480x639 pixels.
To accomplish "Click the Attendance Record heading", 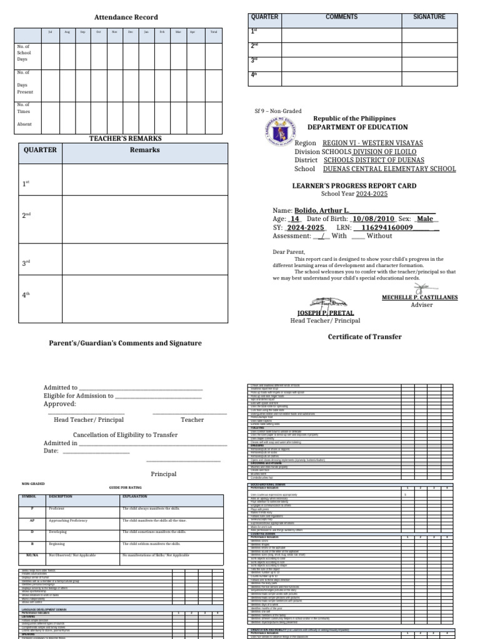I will tap(126, 17).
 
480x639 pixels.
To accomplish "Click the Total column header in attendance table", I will tap(213, 31).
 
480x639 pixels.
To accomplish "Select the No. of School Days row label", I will tap(24, 53).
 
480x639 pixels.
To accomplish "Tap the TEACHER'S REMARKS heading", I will tap(126, 138).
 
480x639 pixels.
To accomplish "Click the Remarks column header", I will tap(144, 150).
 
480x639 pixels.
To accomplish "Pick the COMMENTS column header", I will tap(341, 17).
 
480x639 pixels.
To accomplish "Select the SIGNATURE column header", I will tap(429, 17).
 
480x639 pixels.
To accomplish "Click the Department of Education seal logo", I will tap(275, 135).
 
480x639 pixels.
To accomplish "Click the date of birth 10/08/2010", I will tap(373, 220).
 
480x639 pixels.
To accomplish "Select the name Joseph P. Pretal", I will tap(325, 313).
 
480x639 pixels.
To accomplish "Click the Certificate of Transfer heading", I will tap(365, 337).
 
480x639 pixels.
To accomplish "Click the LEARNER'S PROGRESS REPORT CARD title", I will tap(354, 186).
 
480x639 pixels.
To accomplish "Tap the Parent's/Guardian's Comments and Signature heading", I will tap(126, 343).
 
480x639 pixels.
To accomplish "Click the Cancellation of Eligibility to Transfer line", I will tap(126, 435).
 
